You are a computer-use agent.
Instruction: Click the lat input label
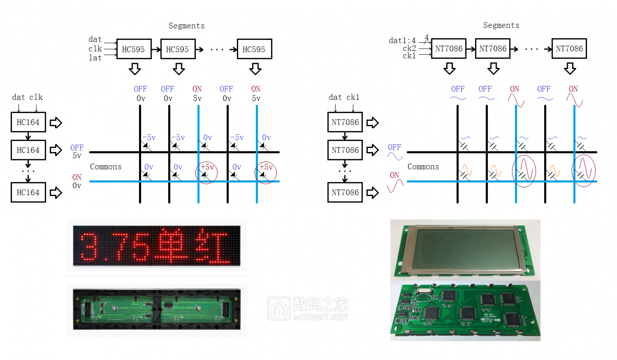95,58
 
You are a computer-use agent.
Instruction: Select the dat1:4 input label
402,41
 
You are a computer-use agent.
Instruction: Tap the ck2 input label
409,48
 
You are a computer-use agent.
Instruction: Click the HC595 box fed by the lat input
133,49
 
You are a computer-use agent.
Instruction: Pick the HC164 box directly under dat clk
28,122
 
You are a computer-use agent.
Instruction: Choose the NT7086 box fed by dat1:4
449,49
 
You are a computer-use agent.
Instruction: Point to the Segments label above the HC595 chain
186,26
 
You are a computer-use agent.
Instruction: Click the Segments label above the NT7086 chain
501,25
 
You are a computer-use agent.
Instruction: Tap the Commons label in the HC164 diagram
106,167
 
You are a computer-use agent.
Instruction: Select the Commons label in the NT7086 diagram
423,167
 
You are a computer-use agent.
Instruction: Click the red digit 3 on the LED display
89,246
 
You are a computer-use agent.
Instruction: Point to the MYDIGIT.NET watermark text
320,317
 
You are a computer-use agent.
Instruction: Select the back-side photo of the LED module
157,310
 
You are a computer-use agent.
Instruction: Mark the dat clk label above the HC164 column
27,97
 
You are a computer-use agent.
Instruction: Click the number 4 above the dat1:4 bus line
427,37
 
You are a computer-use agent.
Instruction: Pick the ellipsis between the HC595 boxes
217,50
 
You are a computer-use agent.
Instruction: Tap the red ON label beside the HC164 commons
77,177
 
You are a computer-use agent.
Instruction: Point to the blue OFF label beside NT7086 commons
394,147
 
